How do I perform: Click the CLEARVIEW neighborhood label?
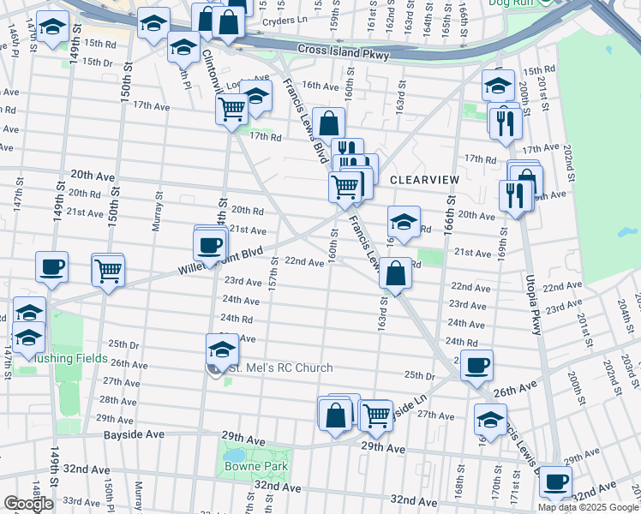(425, 180)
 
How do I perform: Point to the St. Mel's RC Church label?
(279, 368)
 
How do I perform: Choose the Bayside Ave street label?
(134, 435)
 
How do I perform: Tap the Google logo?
(28, 504)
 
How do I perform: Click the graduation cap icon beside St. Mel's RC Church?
(222, 350)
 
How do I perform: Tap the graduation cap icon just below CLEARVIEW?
(404, 223)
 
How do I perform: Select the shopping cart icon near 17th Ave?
(232, 110)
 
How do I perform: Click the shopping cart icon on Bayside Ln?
(376, 415)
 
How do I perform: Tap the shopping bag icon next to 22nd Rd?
(394, 274)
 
